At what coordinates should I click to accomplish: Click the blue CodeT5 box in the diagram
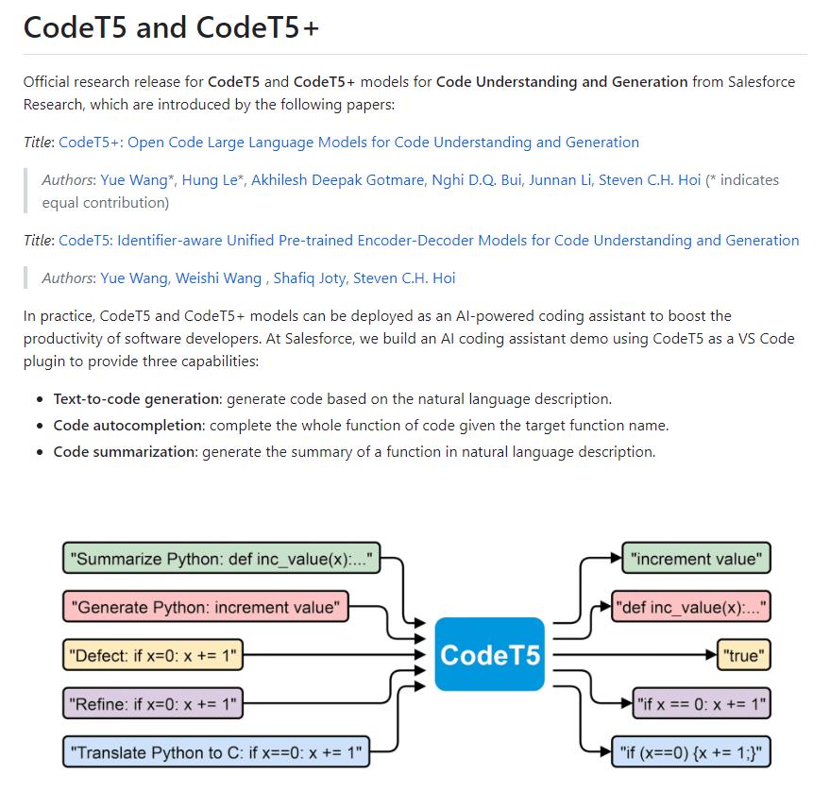(x=490, y=653)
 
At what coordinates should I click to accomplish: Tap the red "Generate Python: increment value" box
(x=205, y=607)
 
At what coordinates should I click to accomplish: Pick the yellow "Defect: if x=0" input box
(x=152, y=655)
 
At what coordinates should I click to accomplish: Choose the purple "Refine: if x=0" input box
(x=152, y=703)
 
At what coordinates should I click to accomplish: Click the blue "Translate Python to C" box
(x=216, y=753)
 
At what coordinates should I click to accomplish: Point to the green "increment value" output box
(x=696, y=559)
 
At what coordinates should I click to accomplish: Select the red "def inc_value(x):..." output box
(x=692, y=607)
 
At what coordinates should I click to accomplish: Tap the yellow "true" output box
(x=744, y=655)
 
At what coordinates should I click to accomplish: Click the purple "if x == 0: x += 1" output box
(x=702, y=703)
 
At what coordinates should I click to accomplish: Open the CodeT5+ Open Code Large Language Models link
(x=348, y=143)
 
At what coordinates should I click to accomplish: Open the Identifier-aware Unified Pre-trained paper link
(x=429, y=241)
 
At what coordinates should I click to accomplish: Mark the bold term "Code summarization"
(x=126, y=452)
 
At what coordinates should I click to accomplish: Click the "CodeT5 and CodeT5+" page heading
(x=171, y=28)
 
